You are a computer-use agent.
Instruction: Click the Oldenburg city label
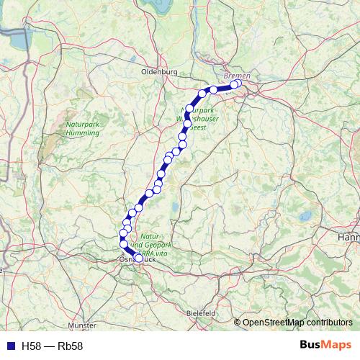(x=159, y=73)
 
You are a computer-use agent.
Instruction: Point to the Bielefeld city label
(x=201, y=314)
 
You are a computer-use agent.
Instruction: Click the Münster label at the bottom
(x=86, y=325)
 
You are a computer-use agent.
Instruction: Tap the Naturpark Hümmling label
(x=82, y=129)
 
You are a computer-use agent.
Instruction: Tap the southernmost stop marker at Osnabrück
(x=138, y=258)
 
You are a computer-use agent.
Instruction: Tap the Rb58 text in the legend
(x=71, y=346)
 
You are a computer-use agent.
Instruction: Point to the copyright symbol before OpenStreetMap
(x=238, y=323)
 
